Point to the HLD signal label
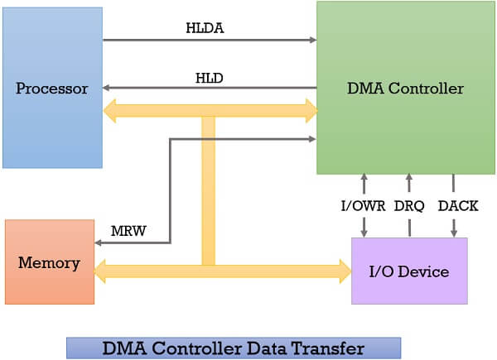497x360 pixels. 208,77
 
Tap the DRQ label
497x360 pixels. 409,206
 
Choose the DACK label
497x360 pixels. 456,206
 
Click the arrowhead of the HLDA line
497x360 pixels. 312,39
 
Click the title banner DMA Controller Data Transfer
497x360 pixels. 233,348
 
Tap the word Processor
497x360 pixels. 52,89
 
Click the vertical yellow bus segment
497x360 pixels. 208,190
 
